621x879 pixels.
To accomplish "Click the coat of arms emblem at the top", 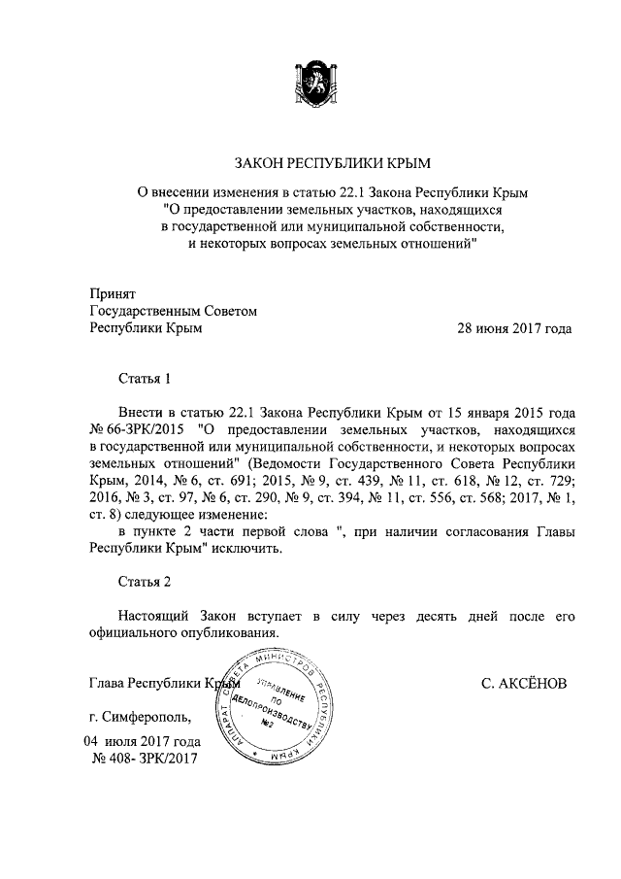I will tap(310, 83).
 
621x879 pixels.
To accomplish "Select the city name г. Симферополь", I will tap(141, 719).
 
